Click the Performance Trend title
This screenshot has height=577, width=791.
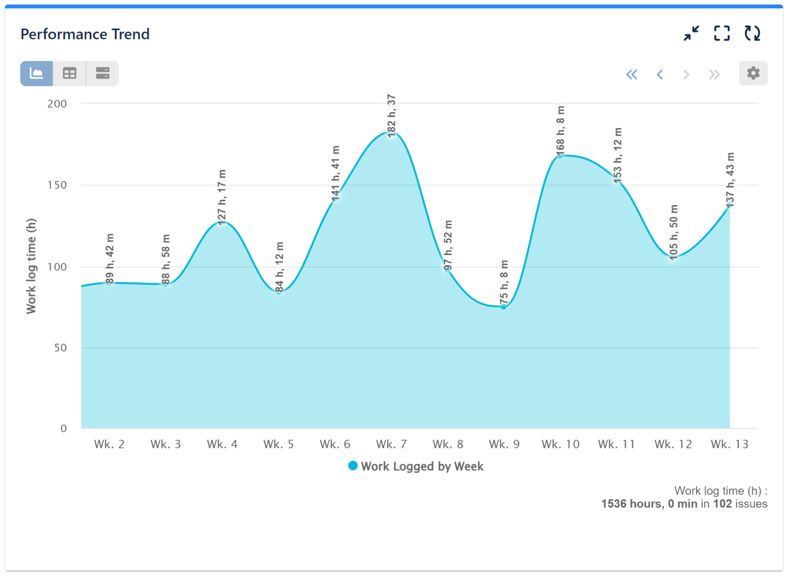85,34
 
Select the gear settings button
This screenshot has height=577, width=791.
753,74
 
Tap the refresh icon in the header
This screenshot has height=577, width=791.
752,34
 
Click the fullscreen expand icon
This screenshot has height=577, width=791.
722,34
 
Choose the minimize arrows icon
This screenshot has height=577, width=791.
691,34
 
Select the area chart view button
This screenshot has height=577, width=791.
37,74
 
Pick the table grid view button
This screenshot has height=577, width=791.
70,74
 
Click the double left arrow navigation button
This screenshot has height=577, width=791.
631,75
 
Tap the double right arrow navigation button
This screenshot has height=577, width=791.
714,75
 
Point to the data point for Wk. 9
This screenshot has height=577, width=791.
504,307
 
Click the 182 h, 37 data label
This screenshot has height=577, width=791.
392,116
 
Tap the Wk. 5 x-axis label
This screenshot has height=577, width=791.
278,444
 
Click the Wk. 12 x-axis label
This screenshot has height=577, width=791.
673,444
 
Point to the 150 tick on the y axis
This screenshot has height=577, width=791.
57,185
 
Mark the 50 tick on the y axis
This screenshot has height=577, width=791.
60,348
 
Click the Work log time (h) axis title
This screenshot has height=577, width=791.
31,266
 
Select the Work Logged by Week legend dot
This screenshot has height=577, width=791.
352,466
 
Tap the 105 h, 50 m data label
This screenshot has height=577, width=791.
674,232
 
